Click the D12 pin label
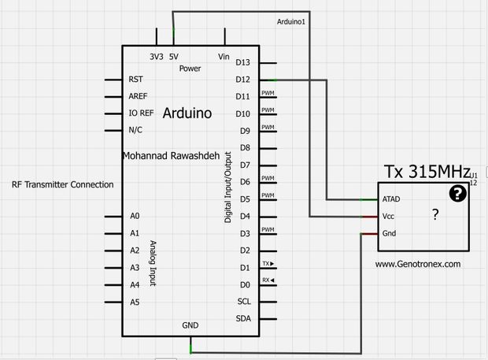pos(242,80)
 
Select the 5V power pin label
pos(173,57)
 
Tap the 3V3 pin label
pos(157,57)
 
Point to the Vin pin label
pos(224,57)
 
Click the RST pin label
pos(135,80)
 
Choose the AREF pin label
pos(138,96)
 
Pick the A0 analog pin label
pos(135,216)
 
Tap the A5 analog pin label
pos(135,302)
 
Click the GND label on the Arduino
pos(190,325)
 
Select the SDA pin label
pos(243,318)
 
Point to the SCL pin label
pos(243,301)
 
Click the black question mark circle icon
pos(457,194)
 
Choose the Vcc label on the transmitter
pos(388,216)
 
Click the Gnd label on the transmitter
pos(389,233)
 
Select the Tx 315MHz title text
pos(426,172)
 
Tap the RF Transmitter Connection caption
pos(63,184)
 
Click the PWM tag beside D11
pos(268,93)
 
